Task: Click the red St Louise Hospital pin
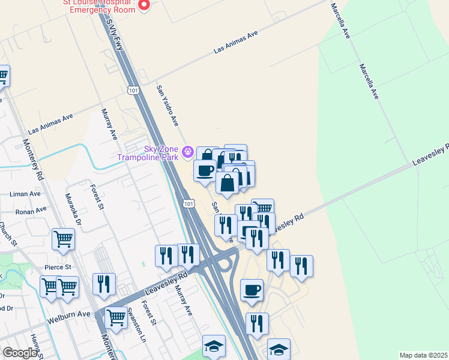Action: [143, 5]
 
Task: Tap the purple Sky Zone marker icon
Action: [187, 151]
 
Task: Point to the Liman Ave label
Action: [25, 194]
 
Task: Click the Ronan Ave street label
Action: [31, 211]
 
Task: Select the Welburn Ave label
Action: [71, 314]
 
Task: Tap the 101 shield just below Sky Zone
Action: [189, 204]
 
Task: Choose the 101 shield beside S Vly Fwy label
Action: [133, 89]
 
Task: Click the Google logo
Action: [20, 353]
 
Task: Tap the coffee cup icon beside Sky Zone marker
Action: [205, 170]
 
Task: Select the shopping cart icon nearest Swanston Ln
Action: [115, 316]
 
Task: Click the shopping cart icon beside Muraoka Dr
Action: [63, 239]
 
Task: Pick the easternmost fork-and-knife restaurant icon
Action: [301, 266]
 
